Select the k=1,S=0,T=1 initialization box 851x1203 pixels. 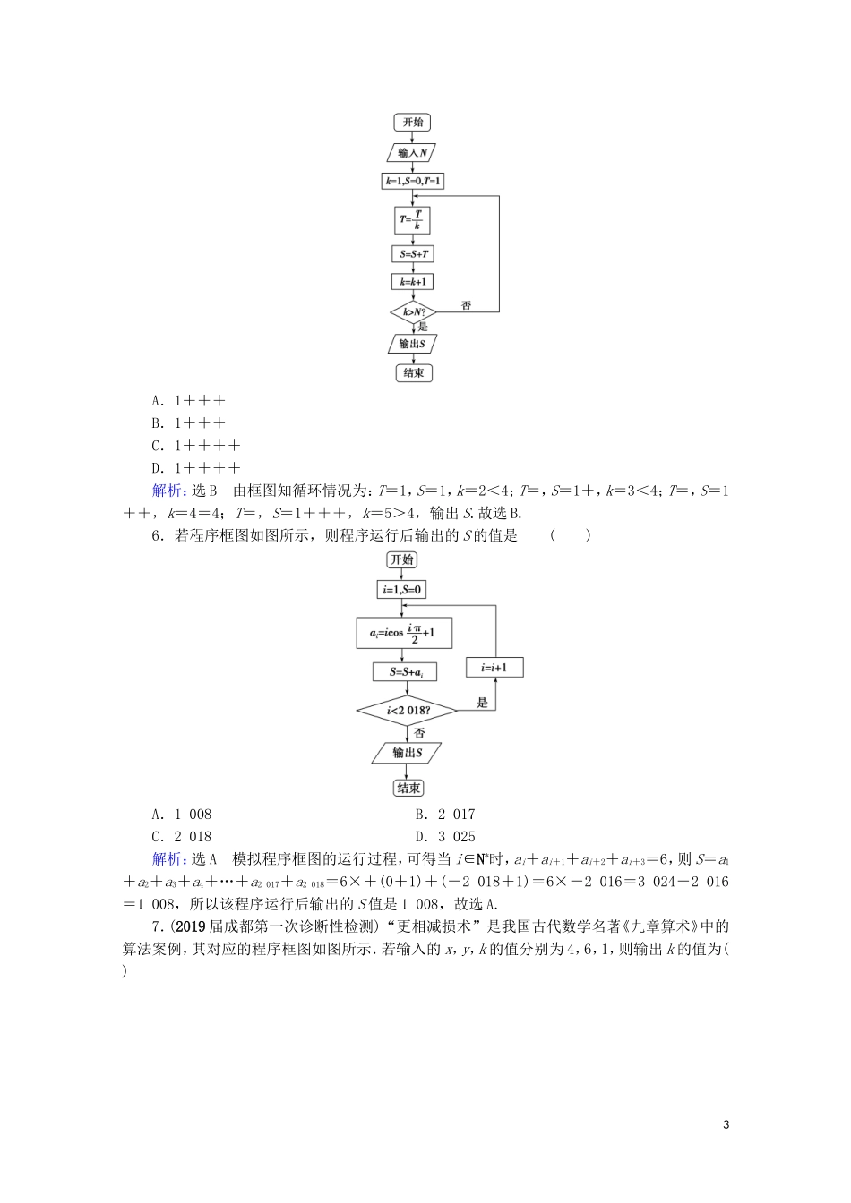[x=413, y=182]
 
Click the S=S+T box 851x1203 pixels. [x=413, y=254]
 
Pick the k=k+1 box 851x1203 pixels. [x=413, y=282]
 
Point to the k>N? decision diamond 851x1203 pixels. [x=413, y=312]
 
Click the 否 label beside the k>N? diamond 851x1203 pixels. [x=466, y=306]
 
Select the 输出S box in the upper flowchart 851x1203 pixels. [x=413, y=344]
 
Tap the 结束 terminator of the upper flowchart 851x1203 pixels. [x=413, y=372]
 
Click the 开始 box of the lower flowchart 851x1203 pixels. [x=403, y=559]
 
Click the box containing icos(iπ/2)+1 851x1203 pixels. [x=404, y=634]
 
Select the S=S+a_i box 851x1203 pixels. [x=404, y=671]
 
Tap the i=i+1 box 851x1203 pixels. [x=494, y=668]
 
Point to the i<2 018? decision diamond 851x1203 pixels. [x=408, y=712]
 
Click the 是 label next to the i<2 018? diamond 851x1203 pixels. [x=483, y=703]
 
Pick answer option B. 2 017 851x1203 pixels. [x=445, y=815]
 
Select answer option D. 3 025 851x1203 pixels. [x=445, y=837]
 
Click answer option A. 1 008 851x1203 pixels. [x=182, y=815]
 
